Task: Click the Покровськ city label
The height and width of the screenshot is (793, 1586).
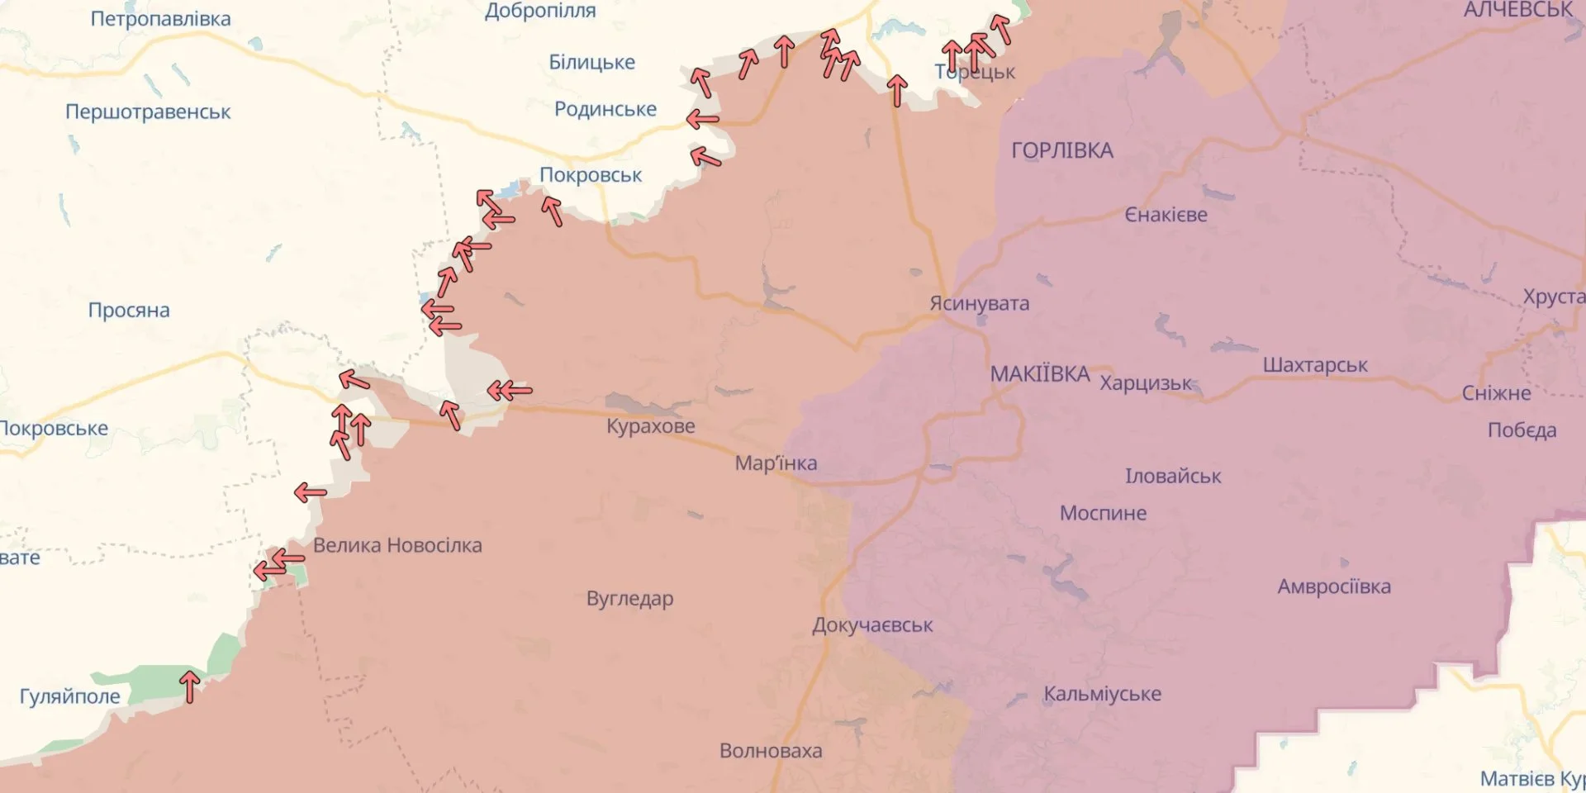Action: pyautogui.click(x=591, y=175)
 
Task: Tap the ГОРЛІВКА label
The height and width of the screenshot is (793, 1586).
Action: pyautogui.click(x=1062, y=150)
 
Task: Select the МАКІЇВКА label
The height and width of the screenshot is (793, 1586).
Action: pyautogui.click(x=1040, y=374)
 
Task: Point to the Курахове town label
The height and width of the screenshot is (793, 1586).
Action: pyautogui.click(x=651, y=426)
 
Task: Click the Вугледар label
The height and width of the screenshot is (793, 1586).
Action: pyautogui.click(x=629, y=598)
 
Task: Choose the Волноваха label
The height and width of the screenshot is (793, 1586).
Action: pyautogui.click(x=771, y=751)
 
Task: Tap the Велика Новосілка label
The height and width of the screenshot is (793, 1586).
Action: pyautogui.click(x=397, y=545)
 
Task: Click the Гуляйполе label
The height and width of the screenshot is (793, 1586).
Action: pyautogui.click(x=70, y=696)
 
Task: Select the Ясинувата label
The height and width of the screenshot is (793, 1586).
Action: pyautogui.click(x=980, y=303)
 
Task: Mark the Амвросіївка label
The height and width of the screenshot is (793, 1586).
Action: pyautogui.click(x=1334, y=586)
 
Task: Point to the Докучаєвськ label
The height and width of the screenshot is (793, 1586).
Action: pyautogui.click(x=872, y=625)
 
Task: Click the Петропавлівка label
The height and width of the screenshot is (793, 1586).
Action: pyautogui.click(x=160, y=19)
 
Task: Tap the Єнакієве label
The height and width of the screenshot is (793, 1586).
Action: pyautogui.click(x=1166, y=215)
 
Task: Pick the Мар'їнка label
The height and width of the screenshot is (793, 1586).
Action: pyautogui.click(x=776, y=463)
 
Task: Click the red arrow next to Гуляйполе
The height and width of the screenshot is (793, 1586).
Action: pyautogui.click(x=190, y=686)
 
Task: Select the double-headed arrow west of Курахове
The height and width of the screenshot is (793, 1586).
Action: pyautogui.click(x=509, y=391)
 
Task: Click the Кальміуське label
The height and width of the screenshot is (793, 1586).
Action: pyautogui.click(x=1102, y=694)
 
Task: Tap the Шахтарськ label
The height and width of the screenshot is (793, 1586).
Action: pyautogui.click(x=1315, y=365)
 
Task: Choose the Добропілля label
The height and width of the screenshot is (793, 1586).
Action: pyautogui.click(x=540, y=12)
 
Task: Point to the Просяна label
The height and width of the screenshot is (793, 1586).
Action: pyautogui.click(x=129, y=311)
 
